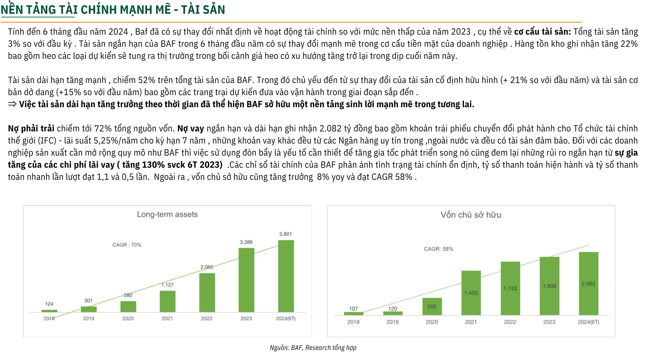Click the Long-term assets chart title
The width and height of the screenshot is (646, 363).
tap(167, 214)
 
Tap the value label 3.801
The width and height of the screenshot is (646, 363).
tap(285, 234)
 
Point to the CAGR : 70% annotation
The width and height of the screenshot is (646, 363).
tap(127, 245)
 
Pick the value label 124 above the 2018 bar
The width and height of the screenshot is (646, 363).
tap(49, 304)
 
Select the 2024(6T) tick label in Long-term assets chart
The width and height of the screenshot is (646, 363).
tap(286, 318)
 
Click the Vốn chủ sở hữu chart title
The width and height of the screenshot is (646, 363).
tap(471, 215)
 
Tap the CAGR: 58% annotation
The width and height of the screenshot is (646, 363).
tap(438, 249)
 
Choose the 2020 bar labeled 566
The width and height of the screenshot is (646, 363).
tap(432, 306)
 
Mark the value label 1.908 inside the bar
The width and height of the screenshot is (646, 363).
tap(549, 286)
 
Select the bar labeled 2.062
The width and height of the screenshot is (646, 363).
tap(588, 283)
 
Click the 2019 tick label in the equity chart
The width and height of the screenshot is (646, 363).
tap(392, 322)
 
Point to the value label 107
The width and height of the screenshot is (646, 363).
tap(353, 309)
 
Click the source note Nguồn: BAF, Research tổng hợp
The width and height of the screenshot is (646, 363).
tap(313, 348)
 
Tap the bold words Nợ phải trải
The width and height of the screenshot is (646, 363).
tap(31, 128)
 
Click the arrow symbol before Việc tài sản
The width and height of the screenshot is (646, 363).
tap(12, 104)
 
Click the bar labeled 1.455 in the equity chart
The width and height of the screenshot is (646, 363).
tap(471, 293)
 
